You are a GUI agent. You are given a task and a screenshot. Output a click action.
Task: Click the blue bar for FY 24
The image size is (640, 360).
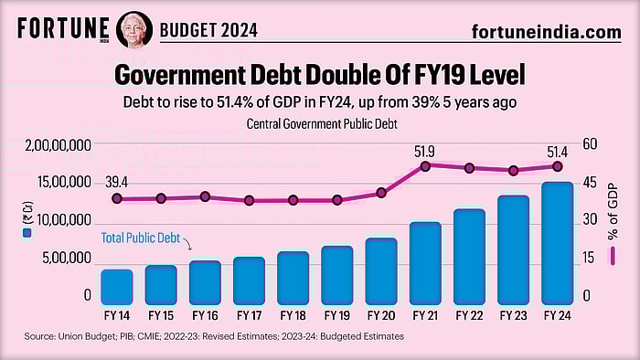click(x=558, y=243)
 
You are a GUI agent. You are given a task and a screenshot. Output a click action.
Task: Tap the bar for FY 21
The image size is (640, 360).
click(x=425, y=262)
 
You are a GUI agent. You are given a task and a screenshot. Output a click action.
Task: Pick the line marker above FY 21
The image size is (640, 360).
click(x=425, y=166)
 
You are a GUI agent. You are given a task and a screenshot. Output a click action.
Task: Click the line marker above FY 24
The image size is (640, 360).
click(x=558, y=166)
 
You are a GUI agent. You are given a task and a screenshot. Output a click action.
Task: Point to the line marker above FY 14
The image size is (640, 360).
click(x=117, y=198)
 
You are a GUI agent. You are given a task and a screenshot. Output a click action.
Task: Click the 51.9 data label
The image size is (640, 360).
click(x=425, y=151)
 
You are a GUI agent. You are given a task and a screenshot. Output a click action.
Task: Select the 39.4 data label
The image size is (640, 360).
click(x=117, y=183)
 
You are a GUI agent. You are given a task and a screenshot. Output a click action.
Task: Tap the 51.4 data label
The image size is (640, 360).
click(x=558, y=151)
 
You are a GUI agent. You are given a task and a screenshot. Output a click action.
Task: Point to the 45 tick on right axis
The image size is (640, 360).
click(x=590, y=183)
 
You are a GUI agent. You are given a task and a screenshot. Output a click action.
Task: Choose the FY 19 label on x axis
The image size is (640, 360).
click(x=336, y=315)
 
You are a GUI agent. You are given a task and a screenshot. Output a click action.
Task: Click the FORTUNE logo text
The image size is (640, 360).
click(x=63, y=28)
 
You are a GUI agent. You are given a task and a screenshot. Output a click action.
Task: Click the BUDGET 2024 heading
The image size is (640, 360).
click(x=208, y=31)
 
